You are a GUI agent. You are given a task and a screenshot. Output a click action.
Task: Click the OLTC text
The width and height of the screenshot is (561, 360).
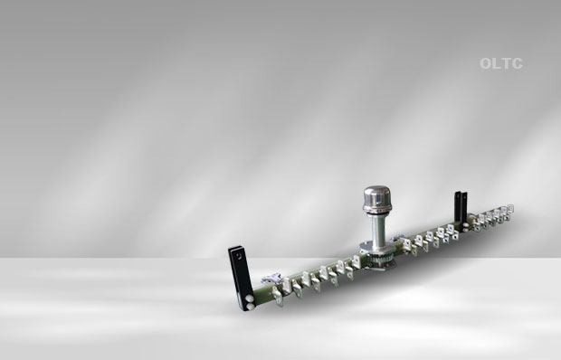point(501,63)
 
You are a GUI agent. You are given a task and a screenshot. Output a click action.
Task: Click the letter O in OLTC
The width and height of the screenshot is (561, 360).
point(486,63)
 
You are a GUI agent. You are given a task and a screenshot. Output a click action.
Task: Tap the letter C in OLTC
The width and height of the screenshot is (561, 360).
point(517,63)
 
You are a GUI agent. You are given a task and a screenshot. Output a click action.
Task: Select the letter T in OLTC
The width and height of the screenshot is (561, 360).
point(506,63)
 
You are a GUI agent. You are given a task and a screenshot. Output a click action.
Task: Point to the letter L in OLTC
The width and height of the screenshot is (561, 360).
point(497,63)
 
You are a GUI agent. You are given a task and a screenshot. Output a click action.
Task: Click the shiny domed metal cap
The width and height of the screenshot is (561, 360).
point(377,199)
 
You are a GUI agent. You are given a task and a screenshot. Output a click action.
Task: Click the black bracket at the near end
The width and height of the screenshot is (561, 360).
point(241,277)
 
